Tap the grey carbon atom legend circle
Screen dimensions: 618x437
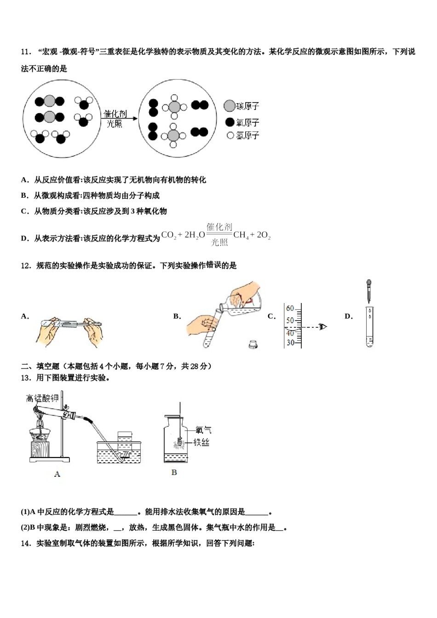[230, 106]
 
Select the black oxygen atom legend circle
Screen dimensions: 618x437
[230, 122]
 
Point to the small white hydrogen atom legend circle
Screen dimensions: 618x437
[230, 135]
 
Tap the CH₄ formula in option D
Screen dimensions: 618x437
[241, 235]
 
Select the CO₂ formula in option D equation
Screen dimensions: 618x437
[169, 235]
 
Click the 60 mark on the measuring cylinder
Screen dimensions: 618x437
[290, 308]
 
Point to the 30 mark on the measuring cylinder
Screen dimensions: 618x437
[290, 343]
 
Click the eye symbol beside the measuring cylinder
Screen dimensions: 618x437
[323, 327]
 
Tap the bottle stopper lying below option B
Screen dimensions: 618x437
[252, 343]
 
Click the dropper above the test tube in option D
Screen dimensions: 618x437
[368, 290]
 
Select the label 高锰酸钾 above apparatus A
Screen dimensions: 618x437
[42, 398]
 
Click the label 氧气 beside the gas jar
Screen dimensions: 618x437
[203, 430]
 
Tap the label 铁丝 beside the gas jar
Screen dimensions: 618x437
[201, 442]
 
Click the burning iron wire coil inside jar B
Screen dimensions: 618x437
[178, 442]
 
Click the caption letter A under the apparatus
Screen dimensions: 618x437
[57, 474]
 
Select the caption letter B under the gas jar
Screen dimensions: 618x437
[174, 473]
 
